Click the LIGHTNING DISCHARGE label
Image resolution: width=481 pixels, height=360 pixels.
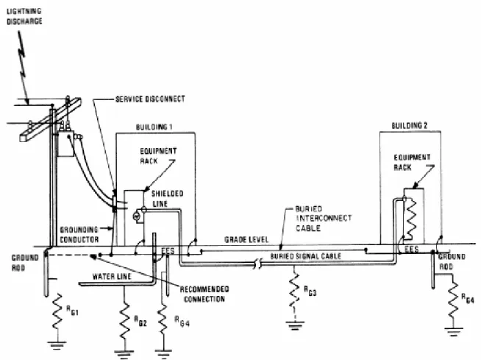pos(24,16)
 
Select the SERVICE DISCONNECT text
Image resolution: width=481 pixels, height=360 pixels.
pos(150,99)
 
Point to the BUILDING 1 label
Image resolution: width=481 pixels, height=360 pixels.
pos(154,127)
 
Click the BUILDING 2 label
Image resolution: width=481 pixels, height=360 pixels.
pos(409,125)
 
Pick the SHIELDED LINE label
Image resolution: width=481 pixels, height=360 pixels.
pos(168,199)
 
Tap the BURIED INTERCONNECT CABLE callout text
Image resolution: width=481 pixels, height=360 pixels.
pos(324,219)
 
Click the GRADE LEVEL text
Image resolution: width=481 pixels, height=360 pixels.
pos(246,239)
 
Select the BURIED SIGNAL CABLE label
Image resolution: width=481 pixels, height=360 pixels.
pos(305,256)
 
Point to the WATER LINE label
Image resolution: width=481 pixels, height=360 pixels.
pos(112,277)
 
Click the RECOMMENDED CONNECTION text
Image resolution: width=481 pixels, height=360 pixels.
pos(204,294)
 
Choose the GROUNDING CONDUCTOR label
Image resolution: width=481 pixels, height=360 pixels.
pos(79,234)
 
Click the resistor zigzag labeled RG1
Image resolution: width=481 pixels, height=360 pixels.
pos(57,311)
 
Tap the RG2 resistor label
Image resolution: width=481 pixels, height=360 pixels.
pos(140,321)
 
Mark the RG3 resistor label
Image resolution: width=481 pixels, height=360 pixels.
pos(310,291)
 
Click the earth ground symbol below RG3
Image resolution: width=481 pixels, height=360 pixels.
pos(294,325)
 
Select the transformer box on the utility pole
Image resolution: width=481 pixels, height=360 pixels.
pos(65,144)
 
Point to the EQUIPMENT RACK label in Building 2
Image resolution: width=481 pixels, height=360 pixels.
pos(412,162)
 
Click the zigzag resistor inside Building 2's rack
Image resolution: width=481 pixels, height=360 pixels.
pos(410,218)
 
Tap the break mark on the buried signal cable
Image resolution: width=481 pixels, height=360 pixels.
pos(258,264)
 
